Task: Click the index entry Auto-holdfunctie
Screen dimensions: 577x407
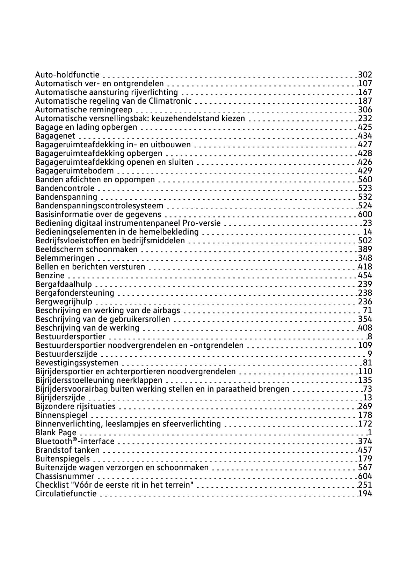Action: (x=67, y=75)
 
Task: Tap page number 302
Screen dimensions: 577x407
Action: (x=365, y=75)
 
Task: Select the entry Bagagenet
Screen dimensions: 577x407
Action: (x=55, y=136)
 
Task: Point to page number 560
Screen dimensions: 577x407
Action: (x=365, y=179)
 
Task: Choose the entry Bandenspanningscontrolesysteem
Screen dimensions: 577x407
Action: (x=99, y=206)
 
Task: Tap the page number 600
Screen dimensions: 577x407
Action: (x=365, y=214)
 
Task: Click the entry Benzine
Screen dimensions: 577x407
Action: (x=50, y=275)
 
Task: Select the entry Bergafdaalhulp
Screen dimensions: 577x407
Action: (x=64, y=284)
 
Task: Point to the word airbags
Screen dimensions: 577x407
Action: (x=167, y=310)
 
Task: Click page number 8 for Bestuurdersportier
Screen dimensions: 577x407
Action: (x=370, y=336)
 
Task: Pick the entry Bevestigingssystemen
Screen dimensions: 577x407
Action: (x=77, y=363)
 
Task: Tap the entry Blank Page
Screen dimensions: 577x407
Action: (x=56, y=432)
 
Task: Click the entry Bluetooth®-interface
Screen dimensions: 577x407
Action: (x=75, y=441)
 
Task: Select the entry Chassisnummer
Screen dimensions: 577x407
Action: (x=65, y=476)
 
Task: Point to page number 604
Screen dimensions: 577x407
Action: (x=365, y=476)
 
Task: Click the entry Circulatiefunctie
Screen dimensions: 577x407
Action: (x=66, y=494)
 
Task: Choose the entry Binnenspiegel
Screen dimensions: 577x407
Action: (x=61, y=415)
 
